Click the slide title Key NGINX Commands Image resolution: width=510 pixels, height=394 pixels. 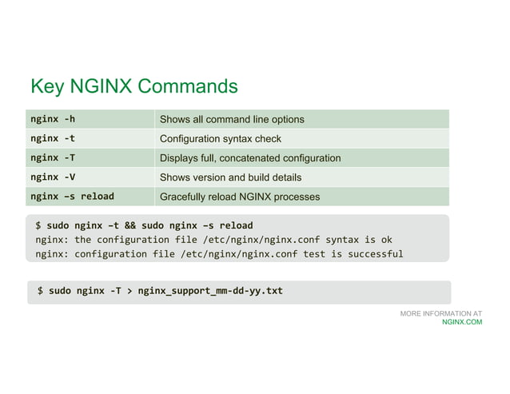[133, 86]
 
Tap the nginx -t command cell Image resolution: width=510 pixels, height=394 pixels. [53, 138]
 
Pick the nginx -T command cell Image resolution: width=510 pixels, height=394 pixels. [53, 157]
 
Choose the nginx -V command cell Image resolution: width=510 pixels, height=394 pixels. [53, 177]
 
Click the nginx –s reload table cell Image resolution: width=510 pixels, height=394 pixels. [72, 196]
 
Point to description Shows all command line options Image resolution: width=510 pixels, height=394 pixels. [232, 119]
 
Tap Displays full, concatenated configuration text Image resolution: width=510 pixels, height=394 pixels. [250, 157]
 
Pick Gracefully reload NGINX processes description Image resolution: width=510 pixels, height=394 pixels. [240, 196]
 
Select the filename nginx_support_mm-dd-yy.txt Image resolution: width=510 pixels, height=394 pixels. [210, 291]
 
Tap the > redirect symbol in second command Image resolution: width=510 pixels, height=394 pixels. [129, 291]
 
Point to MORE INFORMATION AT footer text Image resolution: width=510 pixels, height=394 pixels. [441, 314]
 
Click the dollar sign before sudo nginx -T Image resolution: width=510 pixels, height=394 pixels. [41, 291]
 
